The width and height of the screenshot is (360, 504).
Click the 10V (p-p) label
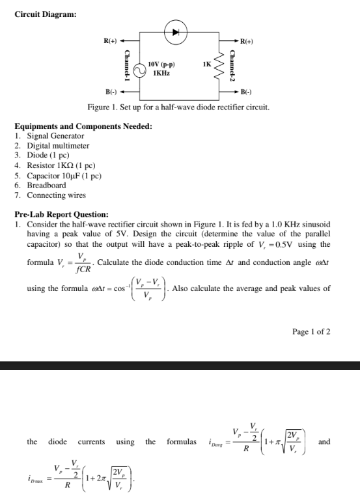[161, 64]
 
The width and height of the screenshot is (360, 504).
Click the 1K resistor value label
[207, 64]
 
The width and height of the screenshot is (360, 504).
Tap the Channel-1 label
[128, 67]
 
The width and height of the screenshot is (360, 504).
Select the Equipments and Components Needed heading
[83, 126]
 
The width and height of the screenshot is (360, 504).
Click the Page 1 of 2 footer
[312, 331]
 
